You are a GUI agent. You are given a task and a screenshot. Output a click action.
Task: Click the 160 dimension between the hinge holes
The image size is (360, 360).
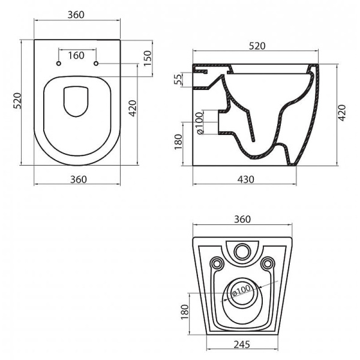76,56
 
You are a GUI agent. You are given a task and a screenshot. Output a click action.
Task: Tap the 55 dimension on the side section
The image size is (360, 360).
178,79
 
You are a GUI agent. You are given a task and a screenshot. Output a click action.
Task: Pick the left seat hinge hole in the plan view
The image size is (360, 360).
58,64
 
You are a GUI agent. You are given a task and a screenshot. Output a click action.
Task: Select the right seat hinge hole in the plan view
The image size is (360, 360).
96,64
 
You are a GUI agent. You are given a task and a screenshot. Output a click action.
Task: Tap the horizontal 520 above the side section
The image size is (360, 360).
256,46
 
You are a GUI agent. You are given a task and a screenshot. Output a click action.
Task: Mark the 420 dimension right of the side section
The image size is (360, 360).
342,112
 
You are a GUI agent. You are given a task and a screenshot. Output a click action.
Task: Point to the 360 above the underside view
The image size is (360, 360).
242,219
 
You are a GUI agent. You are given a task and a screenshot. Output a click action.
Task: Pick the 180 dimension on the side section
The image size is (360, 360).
178,142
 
